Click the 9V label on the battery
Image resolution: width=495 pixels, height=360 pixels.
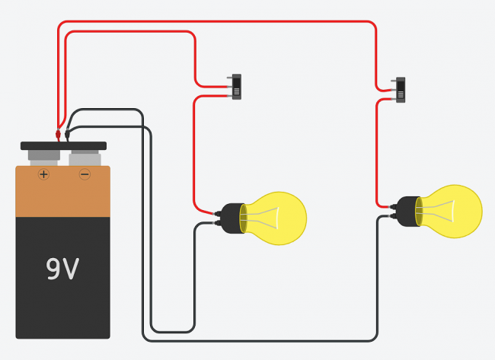click(x=63, y=269)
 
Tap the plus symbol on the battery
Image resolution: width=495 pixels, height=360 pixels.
click(x=43, y=174)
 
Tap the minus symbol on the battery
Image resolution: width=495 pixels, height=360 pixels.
click(x=85, y=174)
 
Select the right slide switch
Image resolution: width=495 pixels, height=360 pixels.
click(x=401, y=90)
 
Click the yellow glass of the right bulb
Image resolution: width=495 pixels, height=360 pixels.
click(x=455, y=211)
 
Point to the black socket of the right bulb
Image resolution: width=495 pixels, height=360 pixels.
click(x=408, y=211)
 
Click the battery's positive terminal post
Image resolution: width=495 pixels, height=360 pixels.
click(x=43, y=158)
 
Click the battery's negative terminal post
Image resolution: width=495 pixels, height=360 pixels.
click(x=85, y=158)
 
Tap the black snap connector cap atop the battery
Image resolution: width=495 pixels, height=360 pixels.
click(x=63, y=145)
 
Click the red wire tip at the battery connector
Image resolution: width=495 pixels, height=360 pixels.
click(x=58, y=135)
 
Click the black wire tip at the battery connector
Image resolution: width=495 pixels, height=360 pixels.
click(x=67, y=134)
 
